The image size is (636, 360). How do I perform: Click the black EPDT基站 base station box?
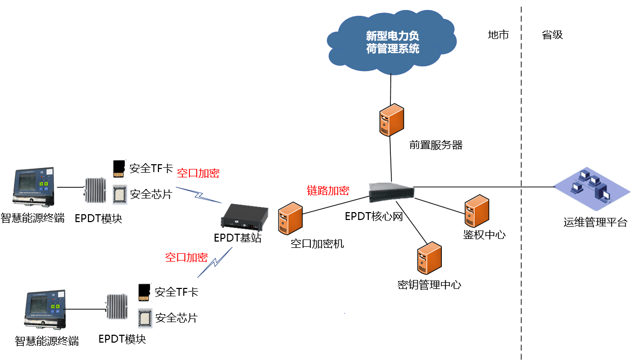click(244, 217)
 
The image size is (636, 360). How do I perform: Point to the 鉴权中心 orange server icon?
click(477, 211)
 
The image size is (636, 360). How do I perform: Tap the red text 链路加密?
click(328, 191)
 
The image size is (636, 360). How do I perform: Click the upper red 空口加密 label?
click(198, 173)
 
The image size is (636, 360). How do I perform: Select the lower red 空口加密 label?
click(186, 257)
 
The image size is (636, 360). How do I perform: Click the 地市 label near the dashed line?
click(498, 35)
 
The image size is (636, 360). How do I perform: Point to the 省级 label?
click(552, 35)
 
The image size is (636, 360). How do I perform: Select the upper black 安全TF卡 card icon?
click(119, 168)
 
